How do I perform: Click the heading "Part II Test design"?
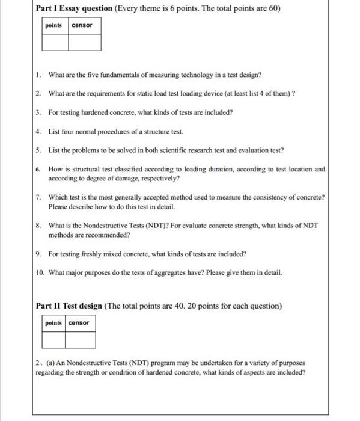click(69, 306)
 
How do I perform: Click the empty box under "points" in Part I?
click(55, 41)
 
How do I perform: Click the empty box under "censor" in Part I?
click(84, 41)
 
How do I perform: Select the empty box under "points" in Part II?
click(53, 339)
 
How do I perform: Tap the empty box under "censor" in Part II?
click(80, 339)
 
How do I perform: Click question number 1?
click(38, 75)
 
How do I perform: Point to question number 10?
click(40, 272)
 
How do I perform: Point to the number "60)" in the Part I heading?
click(274, 8)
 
